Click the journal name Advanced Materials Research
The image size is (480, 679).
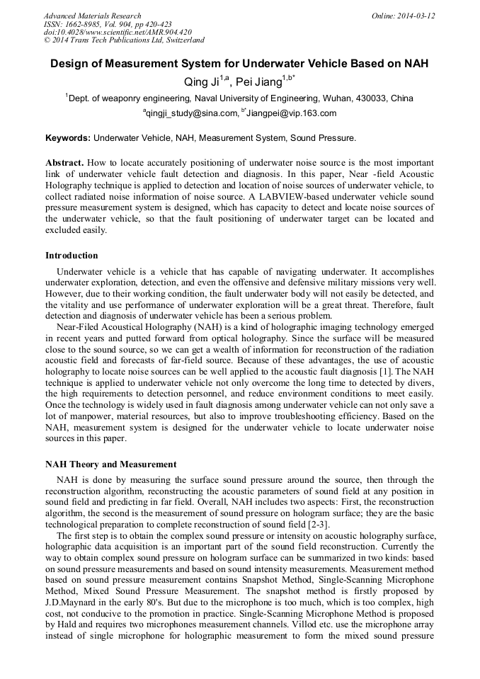(92, 16)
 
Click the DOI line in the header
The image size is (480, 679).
(118, 33)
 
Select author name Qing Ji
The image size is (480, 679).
(200, 81)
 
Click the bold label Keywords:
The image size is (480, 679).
(68, 137)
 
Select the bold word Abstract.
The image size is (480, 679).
(65, 163)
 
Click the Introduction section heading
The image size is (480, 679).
(72, 256)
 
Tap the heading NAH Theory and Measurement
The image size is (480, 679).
(110, 464)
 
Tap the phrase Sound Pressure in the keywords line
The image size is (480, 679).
(322, 137)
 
